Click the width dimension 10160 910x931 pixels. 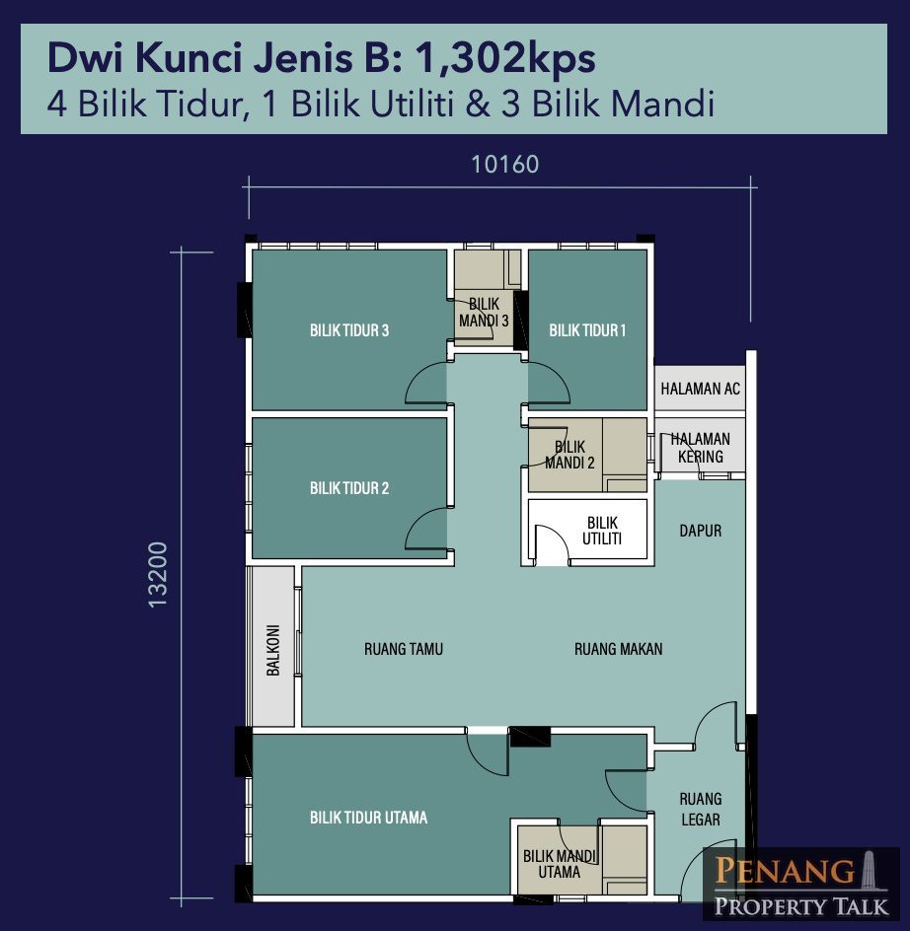click(504, 165)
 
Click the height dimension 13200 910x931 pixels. click(158, 574)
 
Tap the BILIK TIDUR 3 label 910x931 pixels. click(349, 330)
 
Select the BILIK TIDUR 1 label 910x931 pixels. click(587, 330)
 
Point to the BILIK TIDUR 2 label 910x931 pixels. click(349, 488)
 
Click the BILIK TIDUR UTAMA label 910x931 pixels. click(368, 818)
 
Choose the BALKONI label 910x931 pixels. click(272, 650)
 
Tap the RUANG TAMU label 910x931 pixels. click(404, 649)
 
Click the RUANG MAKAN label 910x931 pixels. click(618, 649)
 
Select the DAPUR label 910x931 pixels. click(700, 531)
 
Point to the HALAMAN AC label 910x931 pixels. click(700, 389)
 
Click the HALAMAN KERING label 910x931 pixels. click(700, 448)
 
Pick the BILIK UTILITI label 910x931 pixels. click(602, 531)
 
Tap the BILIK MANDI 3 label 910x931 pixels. click(484, 313)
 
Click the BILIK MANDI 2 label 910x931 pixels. click(569, 455)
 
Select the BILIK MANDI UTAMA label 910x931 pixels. click(560, 864)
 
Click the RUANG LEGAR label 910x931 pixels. click(701, 809)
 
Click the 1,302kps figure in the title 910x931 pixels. click(505, 58)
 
